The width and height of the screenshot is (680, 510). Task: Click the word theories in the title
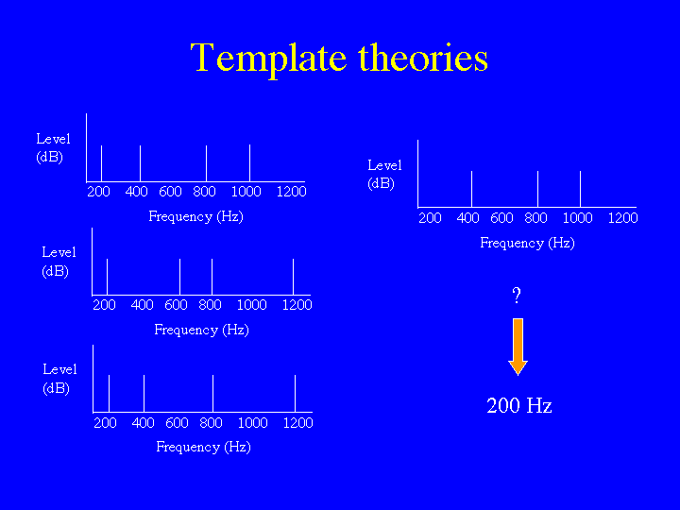point(423,58)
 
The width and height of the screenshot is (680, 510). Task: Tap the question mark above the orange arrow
point(516,296)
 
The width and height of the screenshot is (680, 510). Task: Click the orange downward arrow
point(518,347)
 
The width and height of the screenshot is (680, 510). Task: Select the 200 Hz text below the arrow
point(519,405)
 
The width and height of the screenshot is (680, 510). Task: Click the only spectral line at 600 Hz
point(180,277)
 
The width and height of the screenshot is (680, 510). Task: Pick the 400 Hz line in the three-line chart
point(471,189)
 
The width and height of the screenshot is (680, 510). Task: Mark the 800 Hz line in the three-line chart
point(537,189)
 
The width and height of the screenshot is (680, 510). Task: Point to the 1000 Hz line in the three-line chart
point(580,189)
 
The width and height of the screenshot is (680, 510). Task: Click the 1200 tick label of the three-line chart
point(622,218)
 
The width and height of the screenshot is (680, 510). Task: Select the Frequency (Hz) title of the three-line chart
point(527,243)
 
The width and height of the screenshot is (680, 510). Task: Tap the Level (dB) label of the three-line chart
point(384,174)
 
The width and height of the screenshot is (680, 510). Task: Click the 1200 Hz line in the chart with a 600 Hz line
point(293,277)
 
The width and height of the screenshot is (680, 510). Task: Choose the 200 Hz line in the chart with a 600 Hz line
point(107,277)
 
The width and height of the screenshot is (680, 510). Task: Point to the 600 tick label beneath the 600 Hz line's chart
point(176,305)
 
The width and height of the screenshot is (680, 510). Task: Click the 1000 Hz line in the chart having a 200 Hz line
point(249,163)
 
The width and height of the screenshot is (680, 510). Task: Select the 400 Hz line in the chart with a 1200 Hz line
point(144,393)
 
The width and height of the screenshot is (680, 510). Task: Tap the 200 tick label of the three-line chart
point(430,218)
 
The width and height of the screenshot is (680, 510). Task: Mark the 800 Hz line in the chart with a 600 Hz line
point(212,277)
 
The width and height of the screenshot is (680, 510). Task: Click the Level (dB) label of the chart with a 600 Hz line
point(59,261)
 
